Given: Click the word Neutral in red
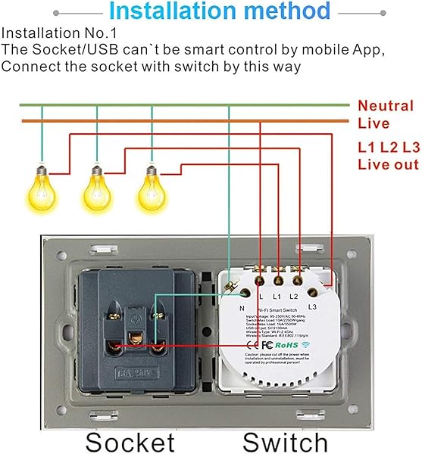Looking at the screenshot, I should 386,106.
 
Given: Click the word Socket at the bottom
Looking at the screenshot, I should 130,442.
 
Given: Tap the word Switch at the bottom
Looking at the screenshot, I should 285,442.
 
